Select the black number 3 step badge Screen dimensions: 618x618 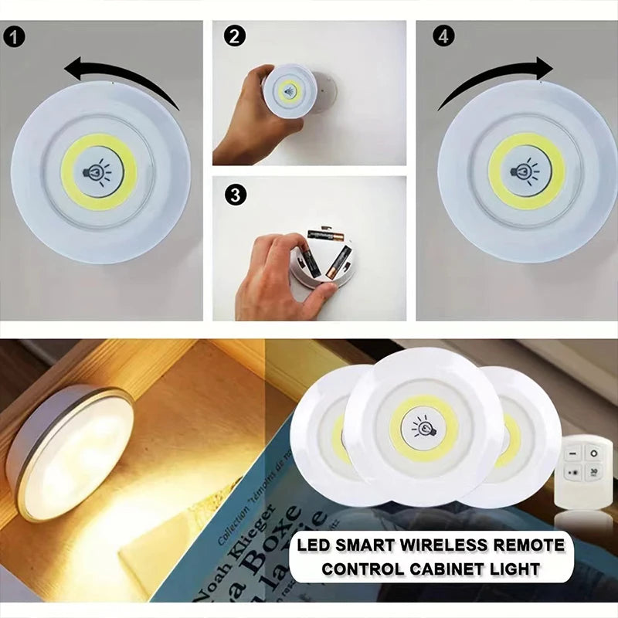coord(233,195)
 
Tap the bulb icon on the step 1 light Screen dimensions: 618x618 coord(99,171)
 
